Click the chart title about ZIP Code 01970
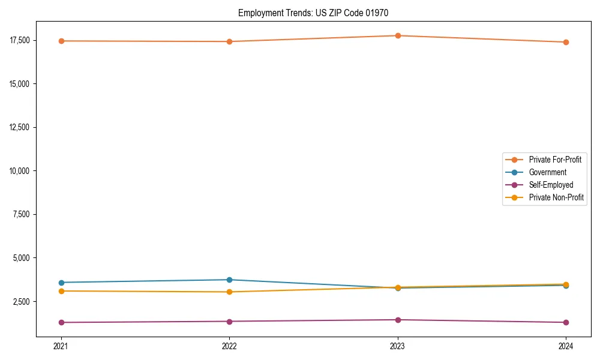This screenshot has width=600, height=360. [317, 13]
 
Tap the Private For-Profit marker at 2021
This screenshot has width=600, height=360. [61, 41]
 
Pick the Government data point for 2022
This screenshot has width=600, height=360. [229, 280]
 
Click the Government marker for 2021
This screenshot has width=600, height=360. [61, 283]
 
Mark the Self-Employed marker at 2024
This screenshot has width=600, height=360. [566, 322]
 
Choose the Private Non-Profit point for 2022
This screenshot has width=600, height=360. [229, 292]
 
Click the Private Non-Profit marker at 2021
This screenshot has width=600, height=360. [61, 291]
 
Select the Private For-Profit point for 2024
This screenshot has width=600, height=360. [566, 42]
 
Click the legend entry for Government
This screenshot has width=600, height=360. [547, 172]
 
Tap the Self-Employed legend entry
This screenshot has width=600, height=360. [551, 185]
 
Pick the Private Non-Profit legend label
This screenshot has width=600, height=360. [556, 197]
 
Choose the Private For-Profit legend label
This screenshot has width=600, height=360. [555, 160]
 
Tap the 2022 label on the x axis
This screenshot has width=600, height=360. [229, 346]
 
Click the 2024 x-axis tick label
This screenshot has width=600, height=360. [566, 346]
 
